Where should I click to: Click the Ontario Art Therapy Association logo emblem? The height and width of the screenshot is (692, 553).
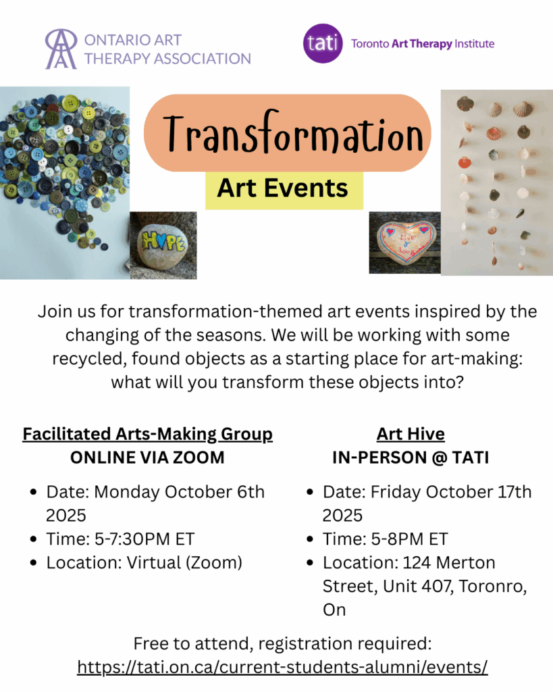(61, 49)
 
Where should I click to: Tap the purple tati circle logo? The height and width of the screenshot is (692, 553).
(323, 43)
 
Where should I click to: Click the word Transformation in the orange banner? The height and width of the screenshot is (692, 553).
(293, 132)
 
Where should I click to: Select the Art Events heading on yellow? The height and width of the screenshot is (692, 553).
(282, 188)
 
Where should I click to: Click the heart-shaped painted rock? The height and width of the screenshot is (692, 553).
(406, 242)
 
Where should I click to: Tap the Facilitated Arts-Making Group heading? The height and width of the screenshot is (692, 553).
(147, 435)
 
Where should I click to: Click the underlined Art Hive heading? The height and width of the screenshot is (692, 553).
(411, 435)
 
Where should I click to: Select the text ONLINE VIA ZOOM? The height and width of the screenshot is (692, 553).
(147, 458)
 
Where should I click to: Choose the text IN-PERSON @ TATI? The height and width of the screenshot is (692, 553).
(411, 458)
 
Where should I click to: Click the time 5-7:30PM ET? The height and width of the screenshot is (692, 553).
(144, 539)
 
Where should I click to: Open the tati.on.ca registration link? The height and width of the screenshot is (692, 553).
(282, 667)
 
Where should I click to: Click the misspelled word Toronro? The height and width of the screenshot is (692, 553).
(493, 587)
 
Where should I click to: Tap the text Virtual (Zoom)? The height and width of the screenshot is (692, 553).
(184, 563)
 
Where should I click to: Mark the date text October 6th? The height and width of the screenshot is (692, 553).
(214, 492)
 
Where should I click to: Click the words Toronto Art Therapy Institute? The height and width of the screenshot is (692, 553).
(423, 44)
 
